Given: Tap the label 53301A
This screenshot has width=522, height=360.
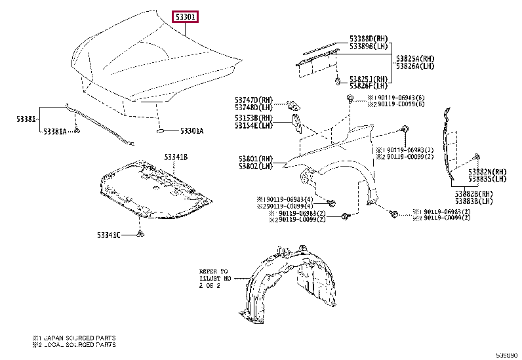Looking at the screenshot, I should tap(191, 131).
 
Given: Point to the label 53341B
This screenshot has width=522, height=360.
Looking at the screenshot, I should tap(176, 157).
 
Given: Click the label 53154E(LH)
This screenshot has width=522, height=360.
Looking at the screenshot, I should tap(254, 125).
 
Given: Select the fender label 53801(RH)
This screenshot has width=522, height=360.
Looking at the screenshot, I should tap(256, 159).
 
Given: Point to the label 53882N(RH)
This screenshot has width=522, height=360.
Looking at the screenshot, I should tap(488, 172).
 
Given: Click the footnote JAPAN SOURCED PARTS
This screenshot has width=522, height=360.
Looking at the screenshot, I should tap(74, 338).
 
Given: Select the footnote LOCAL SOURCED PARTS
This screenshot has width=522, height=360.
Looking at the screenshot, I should tap(74, 345).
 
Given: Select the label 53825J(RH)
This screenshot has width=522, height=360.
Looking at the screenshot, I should tap(369, 78).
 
